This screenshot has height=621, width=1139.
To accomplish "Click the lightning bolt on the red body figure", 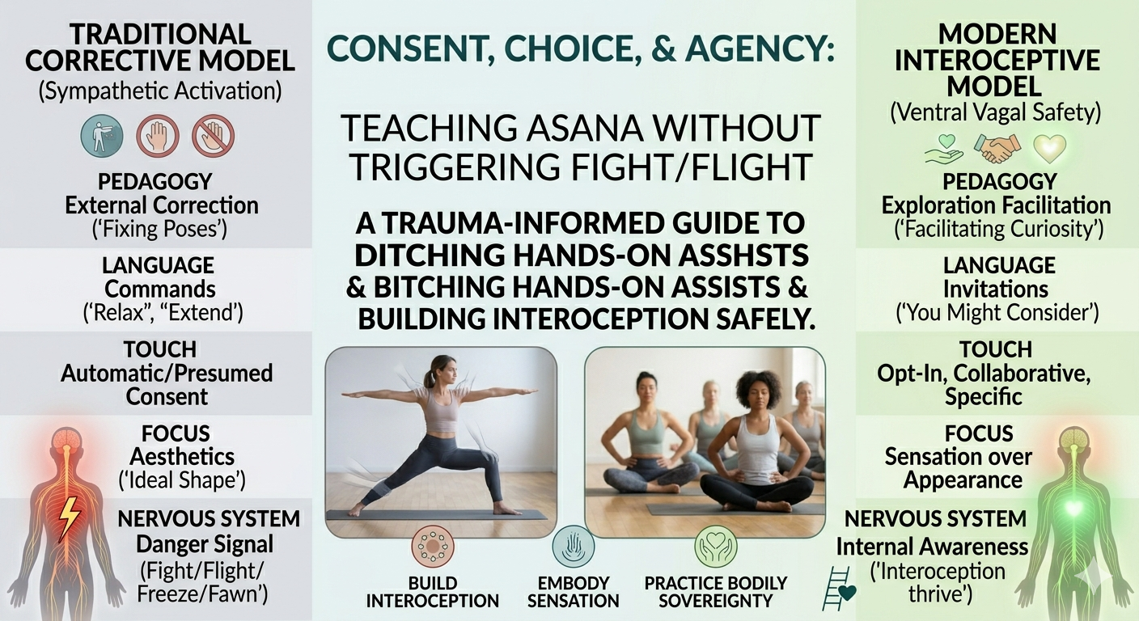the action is click(x=69, y=518).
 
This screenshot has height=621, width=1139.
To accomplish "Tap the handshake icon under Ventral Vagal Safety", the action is click(x=997, y=148).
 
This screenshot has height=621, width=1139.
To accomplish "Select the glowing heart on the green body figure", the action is click(x=1073, y=508).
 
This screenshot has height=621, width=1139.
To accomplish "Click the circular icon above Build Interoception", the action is click(x=432, y=546).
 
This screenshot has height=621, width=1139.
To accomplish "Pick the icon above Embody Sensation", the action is click(x=573, y=547).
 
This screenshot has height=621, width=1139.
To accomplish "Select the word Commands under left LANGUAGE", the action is click(x=159, y=289).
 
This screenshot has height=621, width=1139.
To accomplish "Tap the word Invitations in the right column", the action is click(x=996, y=289).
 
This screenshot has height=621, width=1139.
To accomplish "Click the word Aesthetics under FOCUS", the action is click(x=181, y=457).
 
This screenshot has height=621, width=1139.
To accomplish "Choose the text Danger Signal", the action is click(x=205, y=544).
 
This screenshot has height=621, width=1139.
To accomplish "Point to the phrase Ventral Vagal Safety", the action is click(x=995, y=112).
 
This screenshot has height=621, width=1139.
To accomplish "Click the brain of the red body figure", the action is click(x=67, y=437).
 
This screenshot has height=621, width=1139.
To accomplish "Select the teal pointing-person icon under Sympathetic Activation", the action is click(x=102, y=135).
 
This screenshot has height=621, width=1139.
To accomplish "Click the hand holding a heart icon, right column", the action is click(x=943, y=149).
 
